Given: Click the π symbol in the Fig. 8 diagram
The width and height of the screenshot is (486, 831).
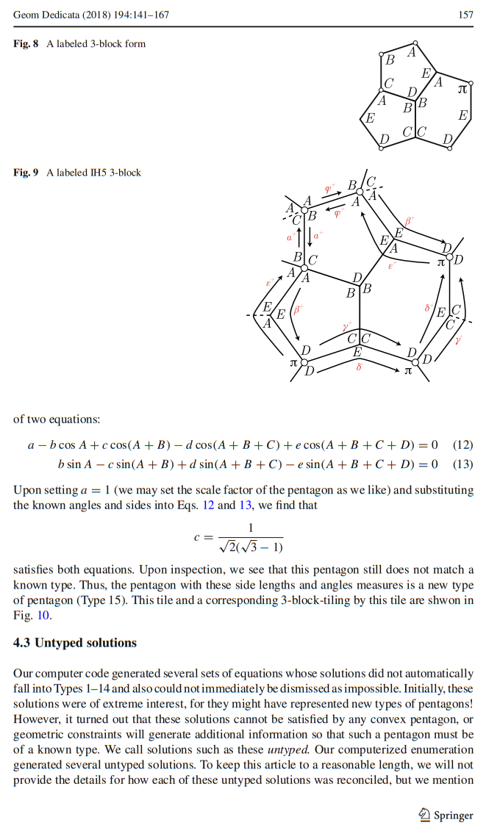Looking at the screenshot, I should tap(462, 89).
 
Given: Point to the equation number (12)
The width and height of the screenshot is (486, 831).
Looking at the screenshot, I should tap(462, 445).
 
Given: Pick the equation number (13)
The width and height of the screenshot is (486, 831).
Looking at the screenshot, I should tap(462, 464).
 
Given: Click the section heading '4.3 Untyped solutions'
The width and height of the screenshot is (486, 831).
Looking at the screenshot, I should tap(75, 643).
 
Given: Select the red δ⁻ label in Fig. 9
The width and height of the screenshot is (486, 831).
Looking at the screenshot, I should tap(359, 366).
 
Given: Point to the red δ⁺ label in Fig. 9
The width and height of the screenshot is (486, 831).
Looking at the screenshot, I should tap(429, 308).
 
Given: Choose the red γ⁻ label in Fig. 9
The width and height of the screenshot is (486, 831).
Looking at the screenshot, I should tap(459, 340).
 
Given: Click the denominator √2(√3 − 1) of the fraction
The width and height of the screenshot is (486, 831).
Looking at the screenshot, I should tap(250, 546).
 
